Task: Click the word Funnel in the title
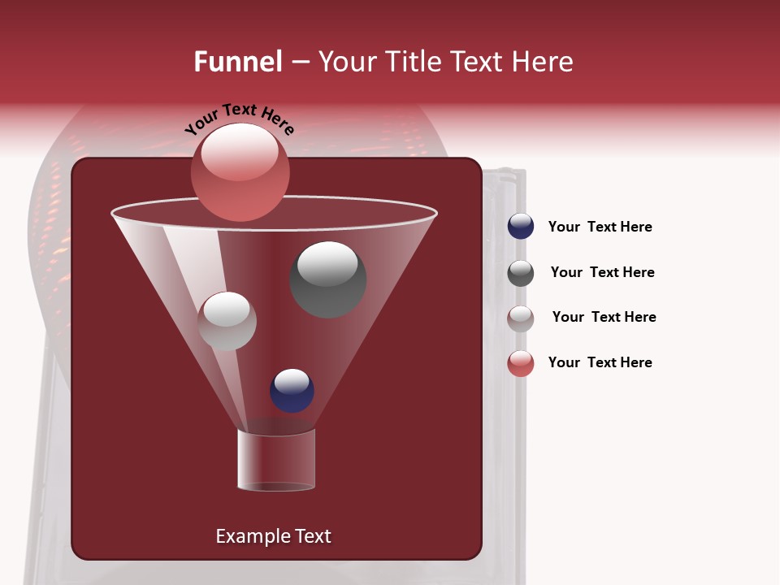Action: click(237, 62)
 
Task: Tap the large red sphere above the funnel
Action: click(240, 171)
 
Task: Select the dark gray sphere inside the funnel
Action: click(328, 279)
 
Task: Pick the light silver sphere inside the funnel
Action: click(227, 321)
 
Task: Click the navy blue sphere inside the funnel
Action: click(292, 390)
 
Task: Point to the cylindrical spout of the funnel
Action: click(276, 460)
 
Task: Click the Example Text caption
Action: click(273, 536)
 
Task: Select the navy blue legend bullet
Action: click(521, 227)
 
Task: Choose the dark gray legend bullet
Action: click(521, 273)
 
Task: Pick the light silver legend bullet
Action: click(521, 318)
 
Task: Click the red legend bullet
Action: click(521, 363)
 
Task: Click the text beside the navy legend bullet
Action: click(600, 227)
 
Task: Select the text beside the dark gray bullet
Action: click(602, 272)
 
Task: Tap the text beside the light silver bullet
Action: click(604, 317)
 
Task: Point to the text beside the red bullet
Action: click(600, 362)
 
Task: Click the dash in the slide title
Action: click(299, 63)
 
